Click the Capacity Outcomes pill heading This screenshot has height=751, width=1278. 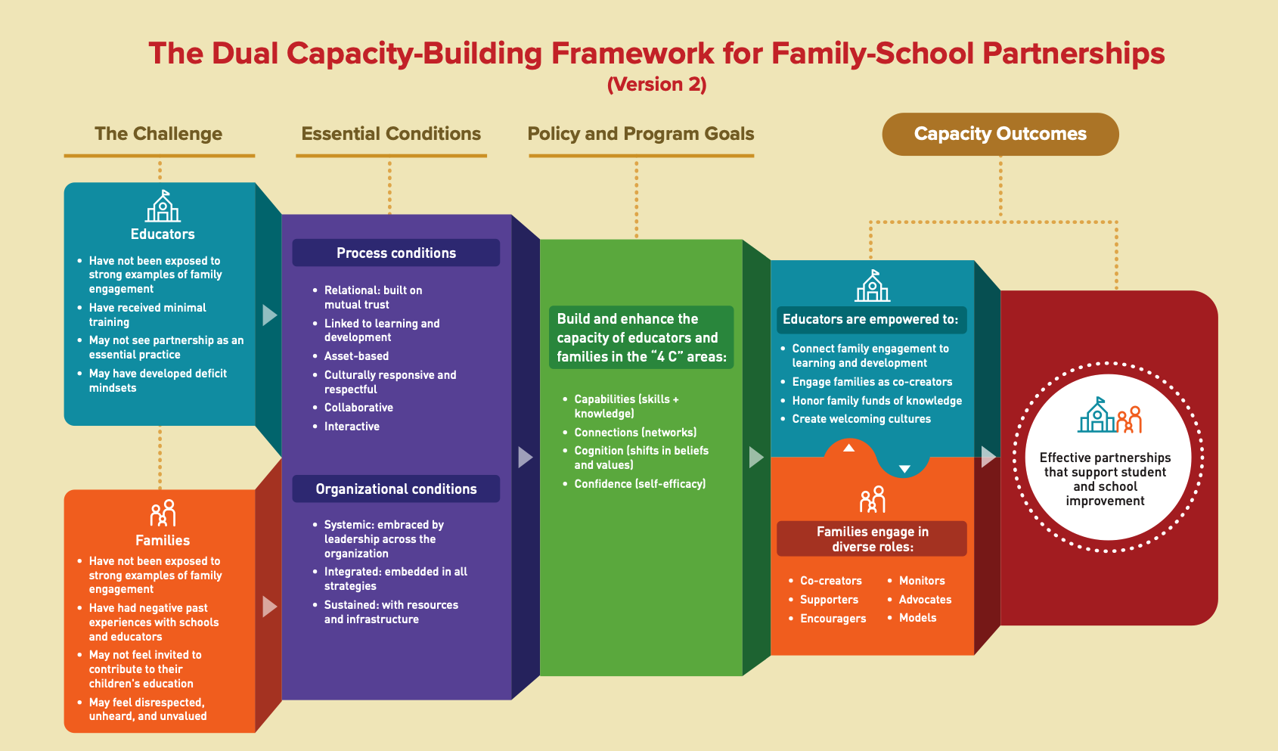(1000, 134)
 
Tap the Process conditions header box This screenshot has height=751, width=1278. (395, 253)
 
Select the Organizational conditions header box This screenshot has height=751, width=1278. (395, 489)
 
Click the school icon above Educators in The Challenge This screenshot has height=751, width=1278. (163, 206)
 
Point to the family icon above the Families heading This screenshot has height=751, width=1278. (163, 513)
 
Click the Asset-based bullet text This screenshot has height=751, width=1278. (356, 356)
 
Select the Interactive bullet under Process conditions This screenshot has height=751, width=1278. (352, 427)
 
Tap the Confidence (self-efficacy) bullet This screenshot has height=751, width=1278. (639, 484)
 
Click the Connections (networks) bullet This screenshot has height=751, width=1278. (635, 433)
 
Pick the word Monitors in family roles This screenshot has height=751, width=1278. (922, 581)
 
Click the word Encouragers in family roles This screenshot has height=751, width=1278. (833, 619)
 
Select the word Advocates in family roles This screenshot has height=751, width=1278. (925, 600)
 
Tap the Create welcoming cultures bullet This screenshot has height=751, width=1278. (861, 419)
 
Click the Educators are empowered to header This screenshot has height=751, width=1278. (870, 319)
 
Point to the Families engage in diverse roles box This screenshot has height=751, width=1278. (872, 538)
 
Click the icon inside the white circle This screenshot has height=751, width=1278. (1109, 415)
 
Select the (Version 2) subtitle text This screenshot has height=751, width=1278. (656, 84)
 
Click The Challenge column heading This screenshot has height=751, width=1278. (158, 134)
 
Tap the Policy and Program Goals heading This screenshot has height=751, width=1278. (641, 134)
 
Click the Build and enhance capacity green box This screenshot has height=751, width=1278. (641, 337)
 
